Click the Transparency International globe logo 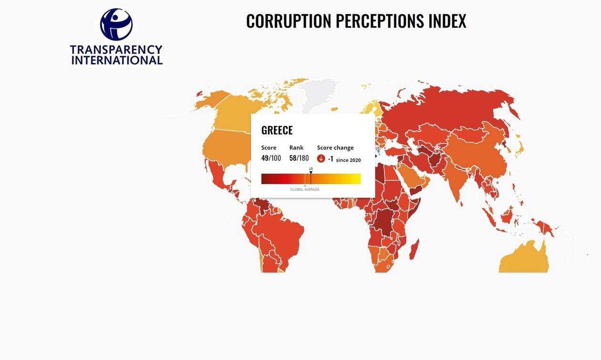point(116,24)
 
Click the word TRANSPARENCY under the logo point(116,50)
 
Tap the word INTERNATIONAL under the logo point(117,60)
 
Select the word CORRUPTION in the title point(289,21)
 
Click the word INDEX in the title point(447,21)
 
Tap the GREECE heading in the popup point(277,130)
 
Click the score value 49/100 point(271,158)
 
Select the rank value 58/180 point(299,158)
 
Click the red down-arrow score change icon point(321,159)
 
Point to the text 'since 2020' point(348,160)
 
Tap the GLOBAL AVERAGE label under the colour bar point(305,190)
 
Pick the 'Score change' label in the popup point(335,148)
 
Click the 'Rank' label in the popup point(296,148)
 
